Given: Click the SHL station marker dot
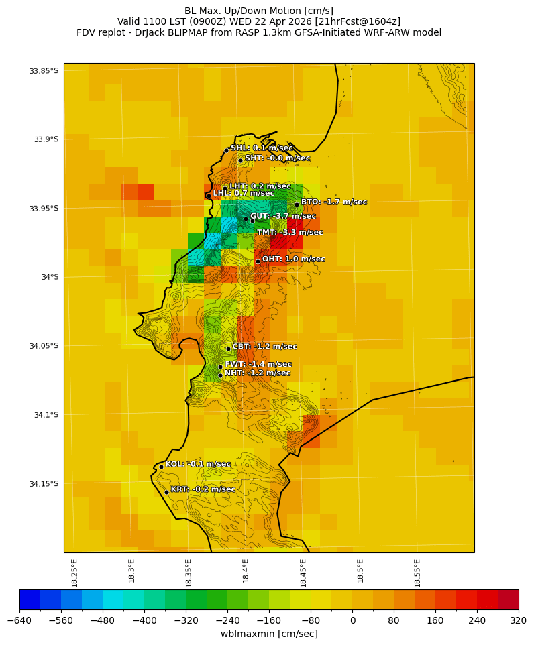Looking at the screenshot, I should [x=227, y=150].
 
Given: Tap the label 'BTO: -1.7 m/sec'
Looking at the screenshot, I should [x=333, y=202].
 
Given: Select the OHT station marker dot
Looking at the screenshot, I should [x=258, y=261].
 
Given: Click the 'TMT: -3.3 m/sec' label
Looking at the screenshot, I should [x=290, y=233].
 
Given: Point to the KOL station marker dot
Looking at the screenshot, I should [x=161, y=467].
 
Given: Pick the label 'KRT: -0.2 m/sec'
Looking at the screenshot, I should [x=203, y=489].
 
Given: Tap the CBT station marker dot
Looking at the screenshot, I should [x=228, y=349].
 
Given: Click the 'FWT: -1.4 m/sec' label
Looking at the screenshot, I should [x=258, y=364].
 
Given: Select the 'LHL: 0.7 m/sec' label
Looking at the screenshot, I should [x=244, y=193].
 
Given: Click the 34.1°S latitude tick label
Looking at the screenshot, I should [x=46, y=415].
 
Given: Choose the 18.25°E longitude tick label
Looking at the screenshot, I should [x=74, y=573].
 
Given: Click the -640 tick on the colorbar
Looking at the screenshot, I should [x=19, y=621].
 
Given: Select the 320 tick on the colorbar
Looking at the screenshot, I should [x=519, y=621].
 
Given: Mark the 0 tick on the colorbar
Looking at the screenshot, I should [x=352, y=621].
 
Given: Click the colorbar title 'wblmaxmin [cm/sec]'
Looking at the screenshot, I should [x=269, y=634].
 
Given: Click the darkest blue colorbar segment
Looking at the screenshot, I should [x=30, y=599].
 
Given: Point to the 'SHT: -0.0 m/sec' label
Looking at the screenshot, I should [x=277, y=158].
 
